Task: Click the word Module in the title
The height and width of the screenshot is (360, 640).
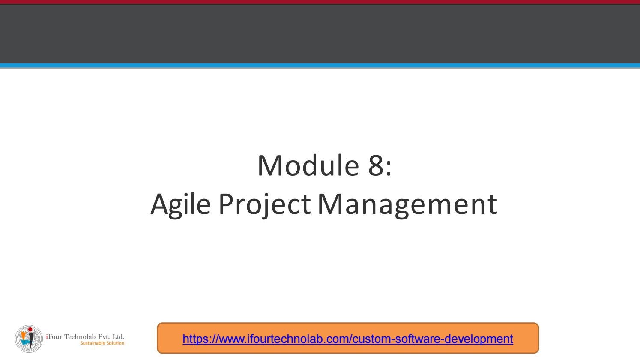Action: point(308,165)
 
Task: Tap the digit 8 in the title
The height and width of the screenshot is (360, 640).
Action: point(376,165)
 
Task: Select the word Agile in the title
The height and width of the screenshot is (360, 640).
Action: point(181,205)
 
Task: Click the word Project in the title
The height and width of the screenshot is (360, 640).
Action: point(265,205)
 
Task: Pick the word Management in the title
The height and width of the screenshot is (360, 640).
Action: point(408,205)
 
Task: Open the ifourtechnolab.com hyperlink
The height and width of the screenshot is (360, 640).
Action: point(348,339)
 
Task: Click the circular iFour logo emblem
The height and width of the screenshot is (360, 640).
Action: point(29,339)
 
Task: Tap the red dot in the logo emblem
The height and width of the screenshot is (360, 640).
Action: point(30,330)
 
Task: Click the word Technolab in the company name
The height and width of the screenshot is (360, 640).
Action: point(80,336)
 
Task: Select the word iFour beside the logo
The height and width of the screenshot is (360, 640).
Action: point(54,336)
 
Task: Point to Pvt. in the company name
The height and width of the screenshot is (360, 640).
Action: point(104,336)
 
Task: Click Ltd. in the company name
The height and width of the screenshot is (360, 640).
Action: point(118,336)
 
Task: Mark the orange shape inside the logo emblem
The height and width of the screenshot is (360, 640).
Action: point(24,335)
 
